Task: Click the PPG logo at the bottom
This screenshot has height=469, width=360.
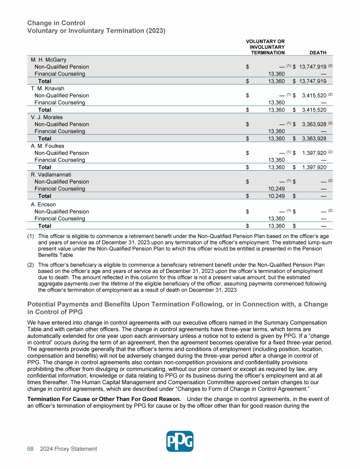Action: tap(180, 441)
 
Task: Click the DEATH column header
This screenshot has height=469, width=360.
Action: tap(318, 53)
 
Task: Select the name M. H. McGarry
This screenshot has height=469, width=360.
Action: tap(49, 60)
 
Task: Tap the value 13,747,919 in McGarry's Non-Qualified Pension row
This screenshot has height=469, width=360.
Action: tap(311, 67)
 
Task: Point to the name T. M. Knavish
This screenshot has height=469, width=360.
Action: tap(48, 88)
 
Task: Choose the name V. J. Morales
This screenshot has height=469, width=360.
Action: tap(47, 117)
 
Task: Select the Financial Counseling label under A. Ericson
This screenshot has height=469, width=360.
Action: tap(60, 219)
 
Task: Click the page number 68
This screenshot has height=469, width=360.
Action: tap(30, 449)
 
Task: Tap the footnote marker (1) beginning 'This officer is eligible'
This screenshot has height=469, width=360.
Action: tap(31, 236)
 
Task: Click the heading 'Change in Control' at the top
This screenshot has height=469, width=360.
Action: tap(56, 23)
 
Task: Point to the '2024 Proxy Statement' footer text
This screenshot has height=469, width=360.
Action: tap(68, 449)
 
